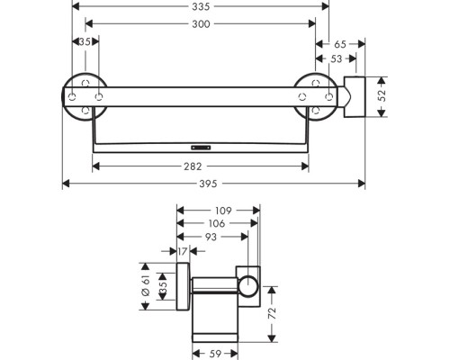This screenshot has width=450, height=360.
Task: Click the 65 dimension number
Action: (x=339, y=42)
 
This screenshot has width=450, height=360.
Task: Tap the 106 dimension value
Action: (x=217, y=224)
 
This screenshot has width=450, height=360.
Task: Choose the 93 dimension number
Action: (x=211, y=238)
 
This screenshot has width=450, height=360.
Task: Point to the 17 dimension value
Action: (x=184, y=253)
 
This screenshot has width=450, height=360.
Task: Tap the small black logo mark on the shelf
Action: (x=200, y=143)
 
